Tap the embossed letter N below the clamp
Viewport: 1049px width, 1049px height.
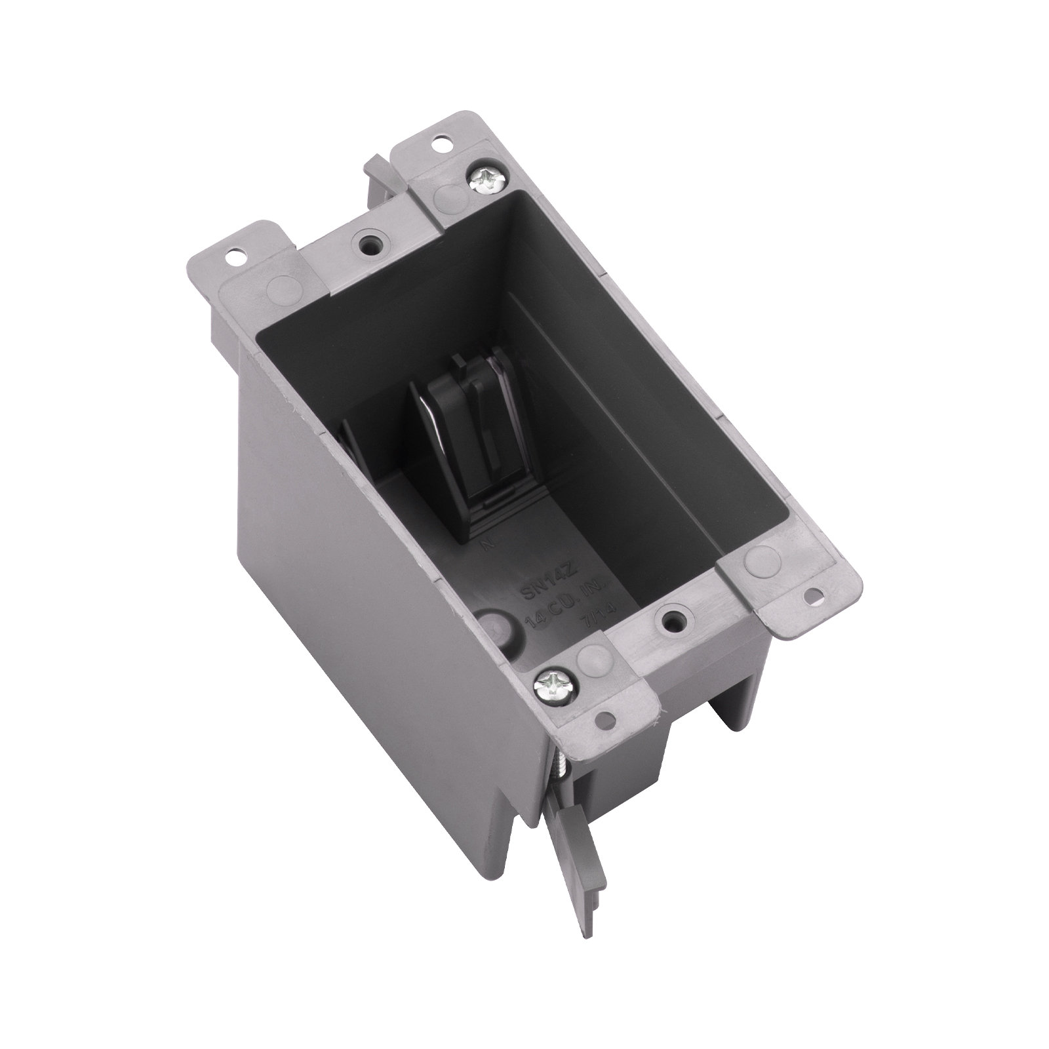pos(487,525)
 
